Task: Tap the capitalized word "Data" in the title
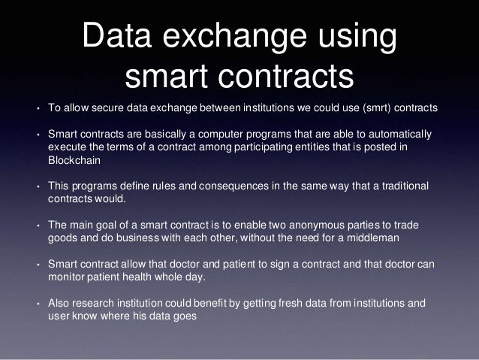click(x=121, y=38)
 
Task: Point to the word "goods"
click(x=62, y=238)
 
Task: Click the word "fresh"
click(x=277, y=304)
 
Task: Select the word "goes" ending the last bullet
click(x=184, y=316)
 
